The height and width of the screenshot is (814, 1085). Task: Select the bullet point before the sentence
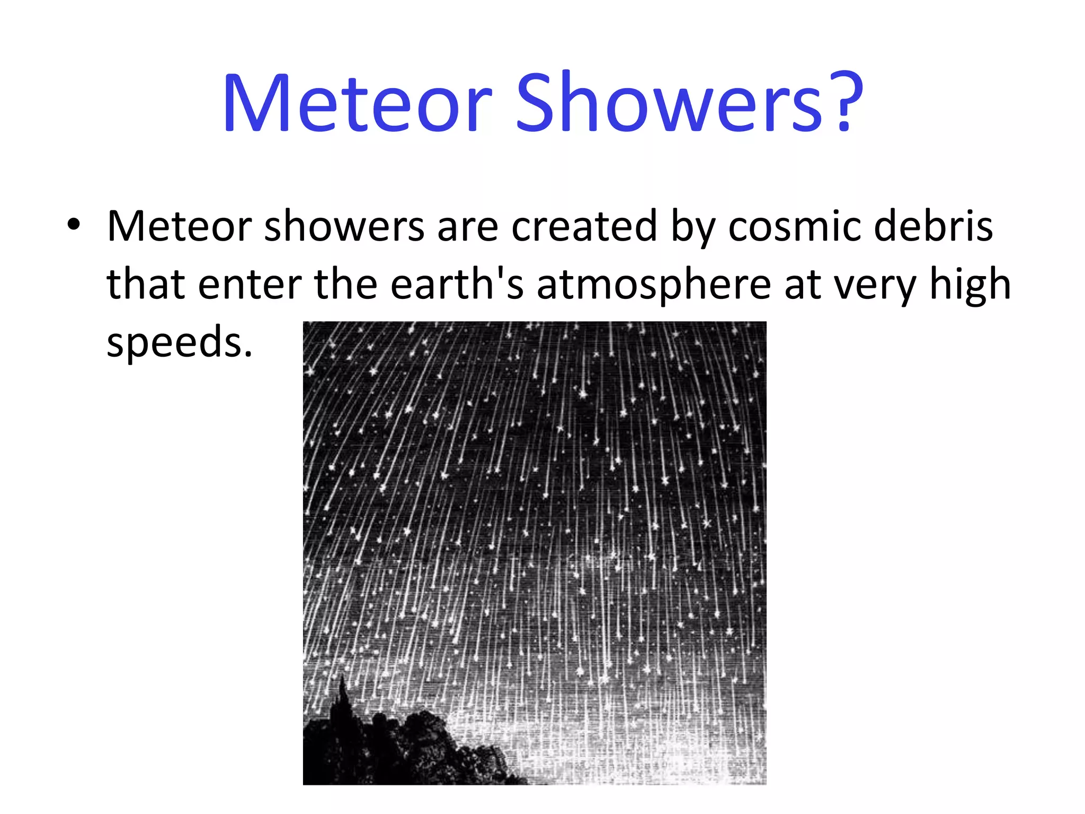tap(74, 225)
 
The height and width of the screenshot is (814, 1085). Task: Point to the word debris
tap(933, 227)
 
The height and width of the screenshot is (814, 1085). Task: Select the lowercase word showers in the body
tap(344, 227)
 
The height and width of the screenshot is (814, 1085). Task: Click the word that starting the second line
tap(145, 285)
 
